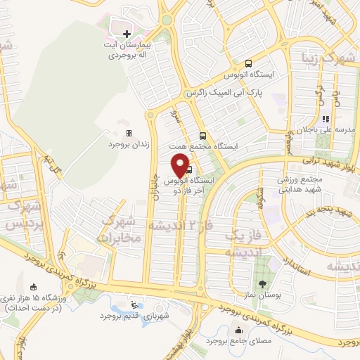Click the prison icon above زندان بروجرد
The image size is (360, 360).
pyautogui.click(x=129, y=132)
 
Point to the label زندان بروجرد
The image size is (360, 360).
pyautogui.click(x=129, y=144)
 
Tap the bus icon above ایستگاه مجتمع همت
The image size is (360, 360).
pyautogui.click(x=202, y=136)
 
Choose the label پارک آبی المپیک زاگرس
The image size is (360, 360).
pyautogui.click(x=219, y=93)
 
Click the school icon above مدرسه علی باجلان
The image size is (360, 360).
pyautogui.click(x=325, y=120)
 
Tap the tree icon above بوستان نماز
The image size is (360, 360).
pyautogui.click(x=262, y=284)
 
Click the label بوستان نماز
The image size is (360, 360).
pyautogui.click(x=262, y=295)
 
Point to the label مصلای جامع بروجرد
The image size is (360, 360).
pyautogui.click(x=238, y=341)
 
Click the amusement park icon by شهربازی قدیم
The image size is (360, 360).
pyautogui.click(x=134, y=305)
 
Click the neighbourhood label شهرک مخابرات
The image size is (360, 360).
pyautogui.click(x=122, y=230)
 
